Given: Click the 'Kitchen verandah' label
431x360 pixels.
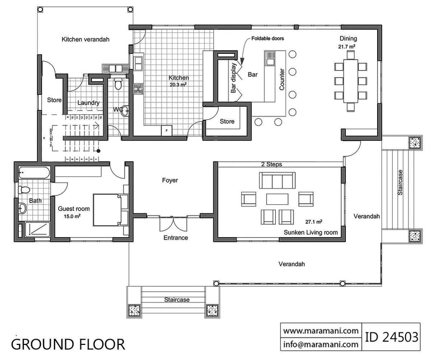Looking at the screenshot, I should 86,39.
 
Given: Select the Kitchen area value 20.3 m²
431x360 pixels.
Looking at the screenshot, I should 178,84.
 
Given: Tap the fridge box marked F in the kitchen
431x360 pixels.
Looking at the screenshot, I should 167,130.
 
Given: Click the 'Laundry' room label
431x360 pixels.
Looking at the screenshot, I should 87,102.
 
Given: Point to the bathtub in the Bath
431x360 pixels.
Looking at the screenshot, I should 33,173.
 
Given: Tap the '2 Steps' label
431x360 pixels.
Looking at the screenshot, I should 271,164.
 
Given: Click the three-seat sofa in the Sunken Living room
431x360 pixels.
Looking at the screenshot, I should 277,179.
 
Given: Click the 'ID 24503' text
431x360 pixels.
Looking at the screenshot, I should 392,337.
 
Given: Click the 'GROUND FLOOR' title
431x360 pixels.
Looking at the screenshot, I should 68,344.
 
